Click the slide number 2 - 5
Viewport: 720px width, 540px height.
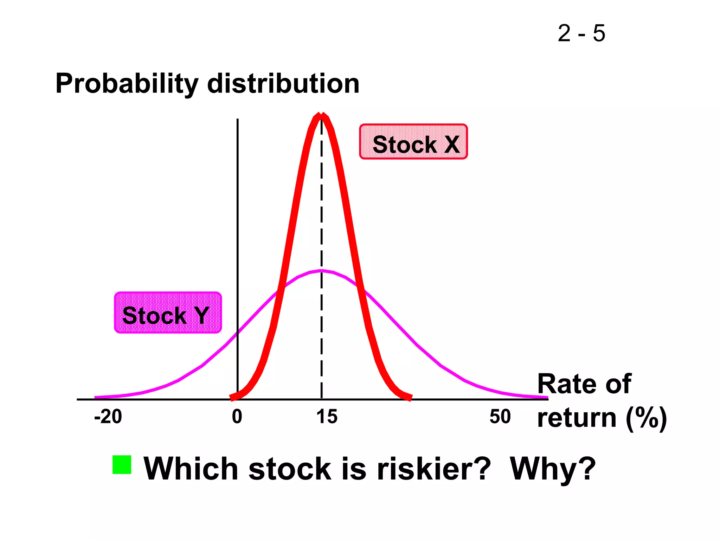tap(581, 34)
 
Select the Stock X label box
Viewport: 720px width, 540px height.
tap(413, 142)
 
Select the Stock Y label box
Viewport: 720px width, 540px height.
tap(168, 313)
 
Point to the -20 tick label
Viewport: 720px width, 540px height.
tap(108, 417)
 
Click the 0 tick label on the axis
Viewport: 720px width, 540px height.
tap(237, 417)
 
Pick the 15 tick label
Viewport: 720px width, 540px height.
tap(327, 417)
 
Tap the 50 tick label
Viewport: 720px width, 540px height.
tap(500, 417)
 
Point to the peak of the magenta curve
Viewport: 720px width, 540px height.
tap(321, 270)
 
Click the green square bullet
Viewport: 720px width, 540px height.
tap(122, 464)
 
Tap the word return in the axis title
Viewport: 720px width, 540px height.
tap(577, 418)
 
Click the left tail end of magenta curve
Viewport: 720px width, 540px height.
tap(96, 397)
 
